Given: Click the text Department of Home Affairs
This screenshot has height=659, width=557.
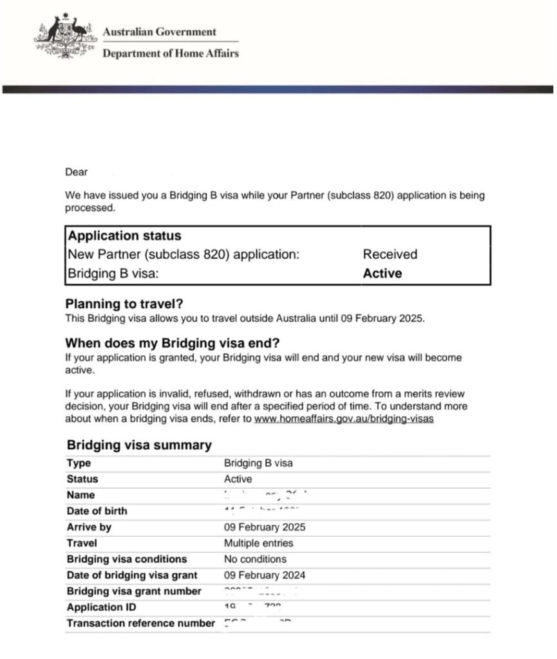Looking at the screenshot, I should tap(171, 53).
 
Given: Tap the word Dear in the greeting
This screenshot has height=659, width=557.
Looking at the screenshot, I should tap(76, 172).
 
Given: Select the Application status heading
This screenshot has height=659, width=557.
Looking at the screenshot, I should tap(125, 236).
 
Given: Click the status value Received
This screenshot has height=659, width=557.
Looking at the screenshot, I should tap(390, 254).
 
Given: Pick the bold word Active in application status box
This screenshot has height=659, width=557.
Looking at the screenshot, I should tap(382, 274).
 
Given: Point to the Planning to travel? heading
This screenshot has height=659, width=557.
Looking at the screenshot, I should tap(129, 304).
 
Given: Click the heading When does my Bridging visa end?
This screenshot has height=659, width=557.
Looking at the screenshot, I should tap(173, 343).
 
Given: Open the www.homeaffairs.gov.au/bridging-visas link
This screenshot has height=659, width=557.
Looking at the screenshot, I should tap(344, 419).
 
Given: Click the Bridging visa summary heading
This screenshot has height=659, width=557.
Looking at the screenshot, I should tap(139, 445).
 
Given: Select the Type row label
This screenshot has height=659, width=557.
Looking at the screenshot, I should tap(79, 463).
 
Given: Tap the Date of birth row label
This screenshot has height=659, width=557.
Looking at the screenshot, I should tap(97, 511).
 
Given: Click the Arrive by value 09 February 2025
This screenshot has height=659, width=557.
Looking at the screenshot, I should tap(265, 527).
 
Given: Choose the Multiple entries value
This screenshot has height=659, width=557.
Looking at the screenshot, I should tap(258, 543).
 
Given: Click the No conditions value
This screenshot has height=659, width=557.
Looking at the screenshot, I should tap(255, 559).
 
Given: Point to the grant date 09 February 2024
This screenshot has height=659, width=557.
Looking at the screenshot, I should tap(265, 575).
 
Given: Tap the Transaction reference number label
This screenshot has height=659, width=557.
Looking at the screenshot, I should tap(140, 623).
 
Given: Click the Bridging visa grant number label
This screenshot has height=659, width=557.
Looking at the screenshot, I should tap(134, 591).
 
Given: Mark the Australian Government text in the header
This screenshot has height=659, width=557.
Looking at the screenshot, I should tap(160, 32).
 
